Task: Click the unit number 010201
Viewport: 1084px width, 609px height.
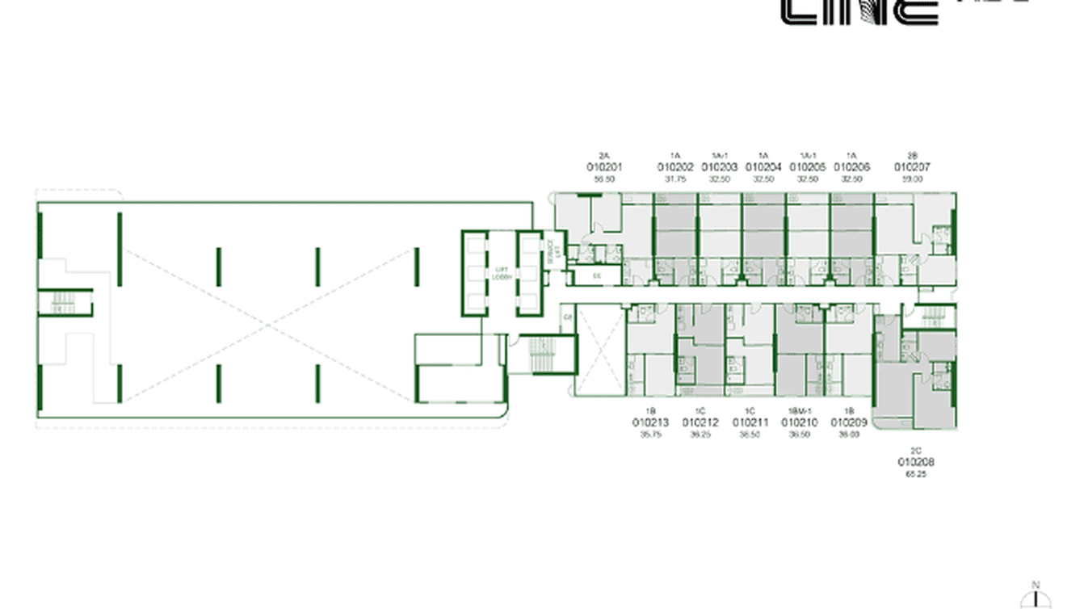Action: coord(604,167)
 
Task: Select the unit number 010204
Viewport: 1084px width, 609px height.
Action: coord(763,167)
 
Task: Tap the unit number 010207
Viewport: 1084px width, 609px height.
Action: coord(912,167)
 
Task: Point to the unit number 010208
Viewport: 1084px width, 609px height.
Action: coord(915,463)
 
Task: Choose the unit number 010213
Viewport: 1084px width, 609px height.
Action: coord(650,422)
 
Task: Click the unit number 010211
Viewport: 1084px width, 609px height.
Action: coord(750,422)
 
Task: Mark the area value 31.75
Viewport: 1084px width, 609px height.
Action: coord(675,179)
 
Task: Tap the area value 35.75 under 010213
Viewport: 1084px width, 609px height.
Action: coord(650,434)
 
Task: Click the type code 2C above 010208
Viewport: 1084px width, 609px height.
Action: coord(915,451)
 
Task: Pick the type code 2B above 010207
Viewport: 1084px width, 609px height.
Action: coord(912,155)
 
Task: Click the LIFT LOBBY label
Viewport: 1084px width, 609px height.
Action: coord(501,273)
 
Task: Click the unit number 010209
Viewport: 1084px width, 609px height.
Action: coord(849,422)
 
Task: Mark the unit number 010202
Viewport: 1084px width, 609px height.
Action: coord(675,167)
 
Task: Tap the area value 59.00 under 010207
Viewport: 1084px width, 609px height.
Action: coord(912,179)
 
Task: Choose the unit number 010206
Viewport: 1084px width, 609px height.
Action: coord(852,167)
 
